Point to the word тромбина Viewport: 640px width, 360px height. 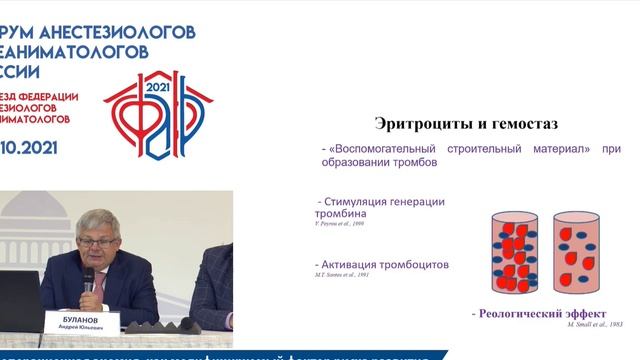click(x=341, y=214)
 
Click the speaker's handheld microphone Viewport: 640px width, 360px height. click(x=88, y=281)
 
